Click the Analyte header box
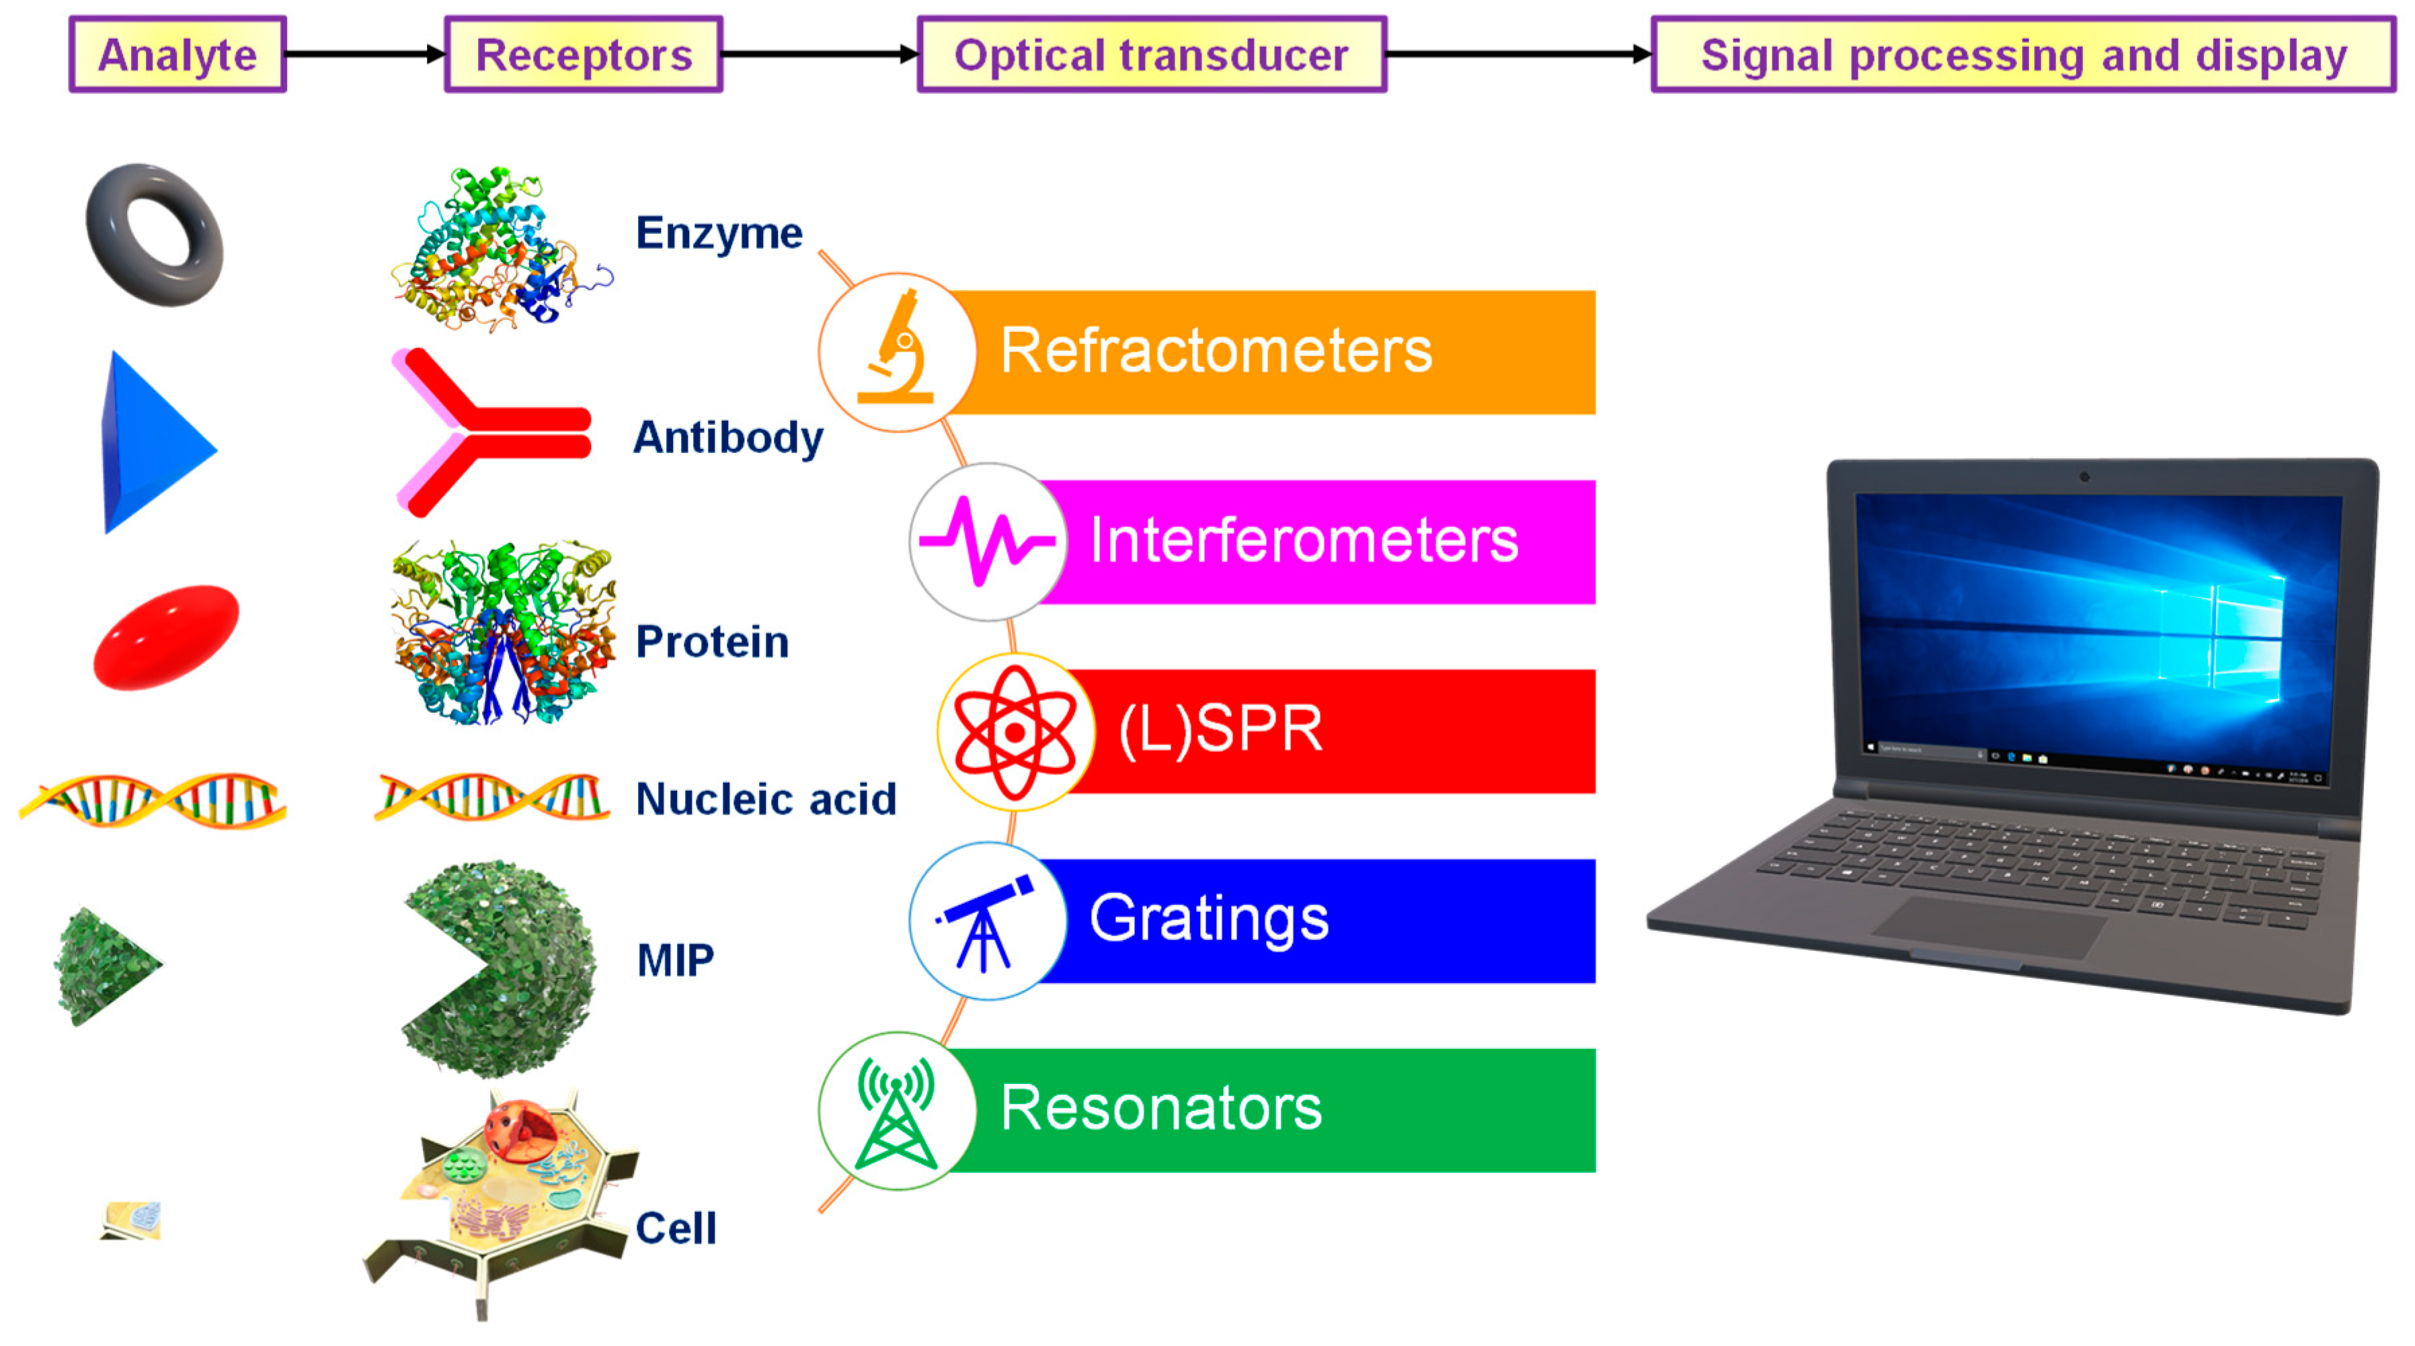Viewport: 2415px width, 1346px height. (177, 54)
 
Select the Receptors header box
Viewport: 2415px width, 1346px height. (583, 54)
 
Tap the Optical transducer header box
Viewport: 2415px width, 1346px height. (1151, 54)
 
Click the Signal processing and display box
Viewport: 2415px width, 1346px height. (2023, 54)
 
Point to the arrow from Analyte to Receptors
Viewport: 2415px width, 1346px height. (366, 54)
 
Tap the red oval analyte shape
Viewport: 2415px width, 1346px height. (166, 637)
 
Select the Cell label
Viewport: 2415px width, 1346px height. (676, 1227)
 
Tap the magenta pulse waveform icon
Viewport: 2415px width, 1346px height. (986, 541)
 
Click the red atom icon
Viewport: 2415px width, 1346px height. (1015, 732)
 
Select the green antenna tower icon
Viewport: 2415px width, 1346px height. (896, 1113)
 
